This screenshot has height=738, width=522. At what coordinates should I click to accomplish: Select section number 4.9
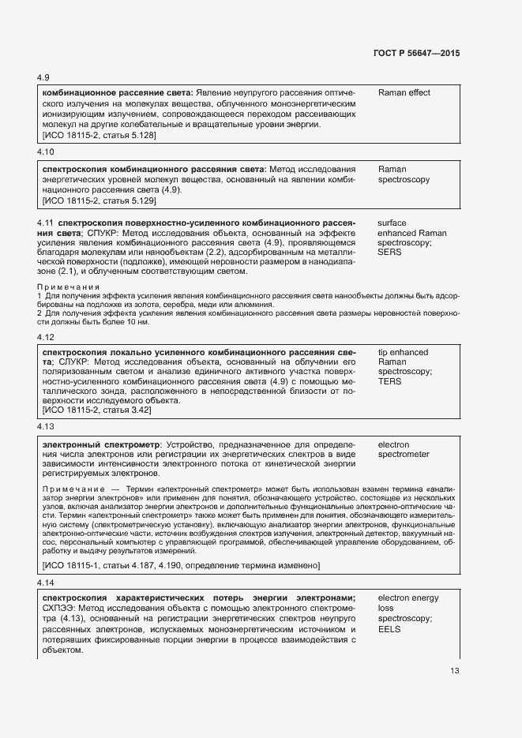[x=43, y=77]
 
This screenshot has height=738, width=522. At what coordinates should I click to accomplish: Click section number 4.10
[x=46, y=152]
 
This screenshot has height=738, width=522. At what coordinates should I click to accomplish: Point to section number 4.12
[x=46, y=337]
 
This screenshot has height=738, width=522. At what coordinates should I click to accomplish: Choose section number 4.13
[x=46, y=427]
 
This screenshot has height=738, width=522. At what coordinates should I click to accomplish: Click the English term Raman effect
[x=404, y=93]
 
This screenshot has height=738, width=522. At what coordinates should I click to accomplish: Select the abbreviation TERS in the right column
[x=390, y=381]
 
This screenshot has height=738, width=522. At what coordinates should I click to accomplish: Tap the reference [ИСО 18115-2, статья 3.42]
[x=96, y=410]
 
